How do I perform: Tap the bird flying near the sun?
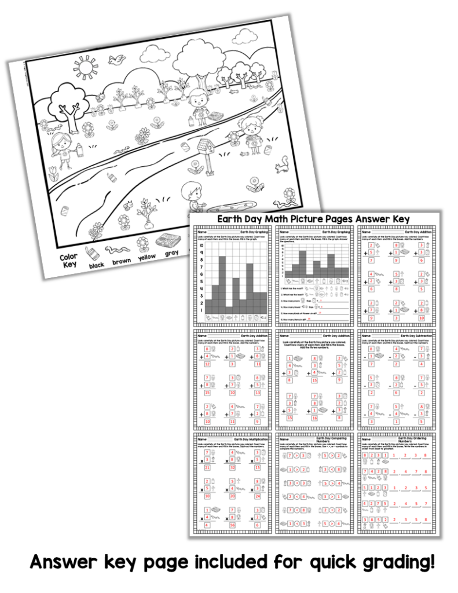point(119,58)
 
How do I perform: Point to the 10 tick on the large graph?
point(201,245)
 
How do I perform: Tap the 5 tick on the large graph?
point(201,281)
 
